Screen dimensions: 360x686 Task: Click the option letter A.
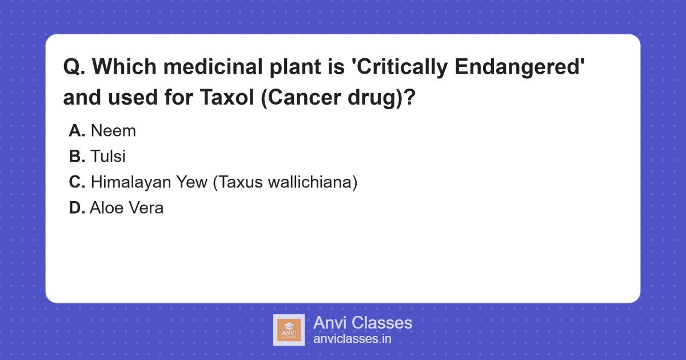pos(77,131)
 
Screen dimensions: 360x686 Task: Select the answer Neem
pos(113,131)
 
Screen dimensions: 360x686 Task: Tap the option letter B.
pos(77,157)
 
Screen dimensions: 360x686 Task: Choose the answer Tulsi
pos(108,157)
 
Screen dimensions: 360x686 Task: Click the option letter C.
pos(77,182)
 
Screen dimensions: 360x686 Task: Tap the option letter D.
pos(77,208)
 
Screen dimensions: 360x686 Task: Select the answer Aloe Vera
pos(127,208)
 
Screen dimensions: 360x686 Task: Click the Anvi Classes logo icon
pos(289,330)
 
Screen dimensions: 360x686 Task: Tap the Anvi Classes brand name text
pos(362,323)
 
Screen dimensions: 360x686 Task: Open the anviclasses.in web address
pos(352,339)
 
